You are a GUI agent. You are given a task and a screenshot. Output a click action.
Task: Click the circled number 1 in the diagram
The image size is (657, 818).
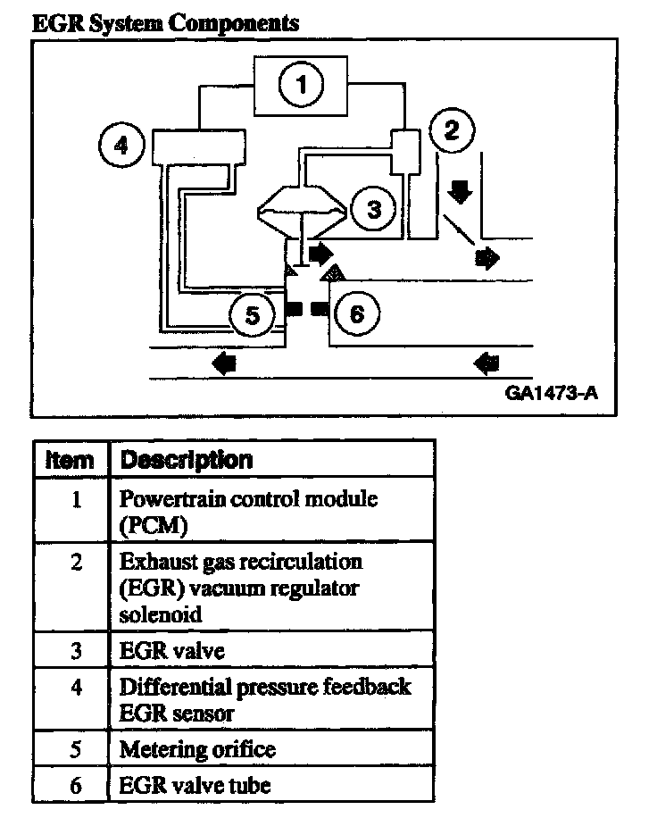[x=303, y=86]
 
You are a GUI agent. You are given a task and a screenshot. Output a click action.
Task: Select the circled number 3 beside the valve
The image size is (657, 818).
[x=372, y=209]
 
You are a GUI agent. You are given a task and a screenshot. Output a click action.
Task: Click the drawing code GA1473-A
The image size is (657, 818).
[x=550, y=392]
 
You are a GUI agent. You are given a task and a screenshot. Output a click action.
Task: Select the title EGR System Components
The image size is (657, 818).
[x=165, y=23]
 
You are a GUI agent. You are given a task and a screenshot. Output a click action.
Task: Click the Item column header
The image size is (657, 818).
[x=70, y=460]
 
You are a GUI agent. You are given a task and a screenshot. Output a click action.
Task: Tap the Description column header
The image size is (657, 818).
[x=186, y=460]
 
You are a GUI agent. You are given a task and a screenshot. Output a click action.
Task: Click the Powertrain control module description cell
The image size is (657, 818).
[x=248, y=512]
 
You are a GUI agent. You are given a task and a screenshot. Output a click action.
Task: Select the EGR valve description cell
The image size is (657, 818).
[x=172, y=650]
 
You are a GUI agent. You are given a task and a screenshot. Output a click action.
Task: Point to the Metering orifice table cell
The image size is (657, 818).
[x=197, y=749]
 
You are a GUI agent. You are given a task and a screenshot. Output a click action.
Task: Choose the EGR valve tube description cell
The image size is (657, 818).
[x=195, y=786]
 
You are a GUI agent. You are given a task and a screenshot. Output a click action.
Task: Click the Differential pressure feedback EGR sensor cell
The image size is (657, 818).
[x=265, y=699]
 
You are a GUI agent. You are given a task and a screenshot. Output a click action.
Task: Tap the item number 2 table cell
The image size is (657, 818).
[x=77, y=563]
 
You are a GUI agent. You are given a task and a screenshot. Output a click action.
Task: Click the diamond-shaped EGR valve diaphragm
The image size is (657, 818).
[x=301, y=212]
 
